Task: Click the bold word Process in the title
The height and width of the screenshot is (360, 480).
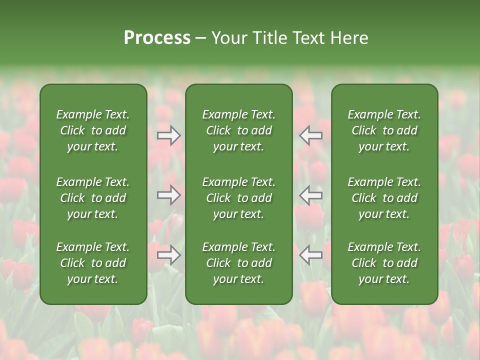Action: pos(157,38)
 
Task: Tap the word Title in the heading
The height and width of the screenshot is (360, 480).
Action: pos(268,38)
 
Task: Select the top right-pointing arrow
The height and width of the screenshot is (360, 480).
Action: pos(169,135)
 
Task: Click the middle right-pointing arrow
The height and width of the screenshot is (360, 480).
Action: pos(169,195)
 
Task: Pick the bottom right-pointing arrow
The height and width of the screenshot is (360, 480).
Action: pos(169,255)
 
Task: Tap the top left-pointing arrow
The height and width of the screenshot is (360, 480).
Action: pos(310,135)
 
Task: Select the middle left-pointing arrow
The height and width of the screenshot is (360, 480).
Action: pos(310,195)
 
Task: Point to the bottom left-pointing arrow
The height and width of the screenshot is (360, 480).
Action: pos(310,255)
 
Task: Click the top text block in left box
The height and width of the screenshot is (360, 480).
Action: pos(93,130)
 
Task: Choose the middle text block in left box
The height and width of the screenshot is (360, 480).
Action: pos(93,198)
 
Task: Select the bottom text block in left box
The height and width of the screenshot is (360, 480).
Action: pos(93,263)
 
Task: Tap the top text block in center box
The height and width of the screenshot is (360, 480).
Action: pos(238,130)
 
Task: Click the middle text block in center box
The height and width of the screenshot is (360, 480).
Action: pos(238,198)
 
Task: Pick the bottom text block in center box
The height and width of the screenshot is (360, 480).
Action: pos(238,263)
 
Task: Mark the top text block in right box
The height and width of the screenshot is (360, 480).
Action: pos(384,130)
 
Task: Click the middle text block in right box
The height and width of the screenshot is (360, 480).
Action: pos(384,198)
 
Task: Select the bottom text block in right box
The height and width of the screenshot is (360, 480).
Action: pos(384,263)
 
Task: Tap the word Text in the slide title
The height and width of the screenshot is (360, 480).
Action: pos(307,38)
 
